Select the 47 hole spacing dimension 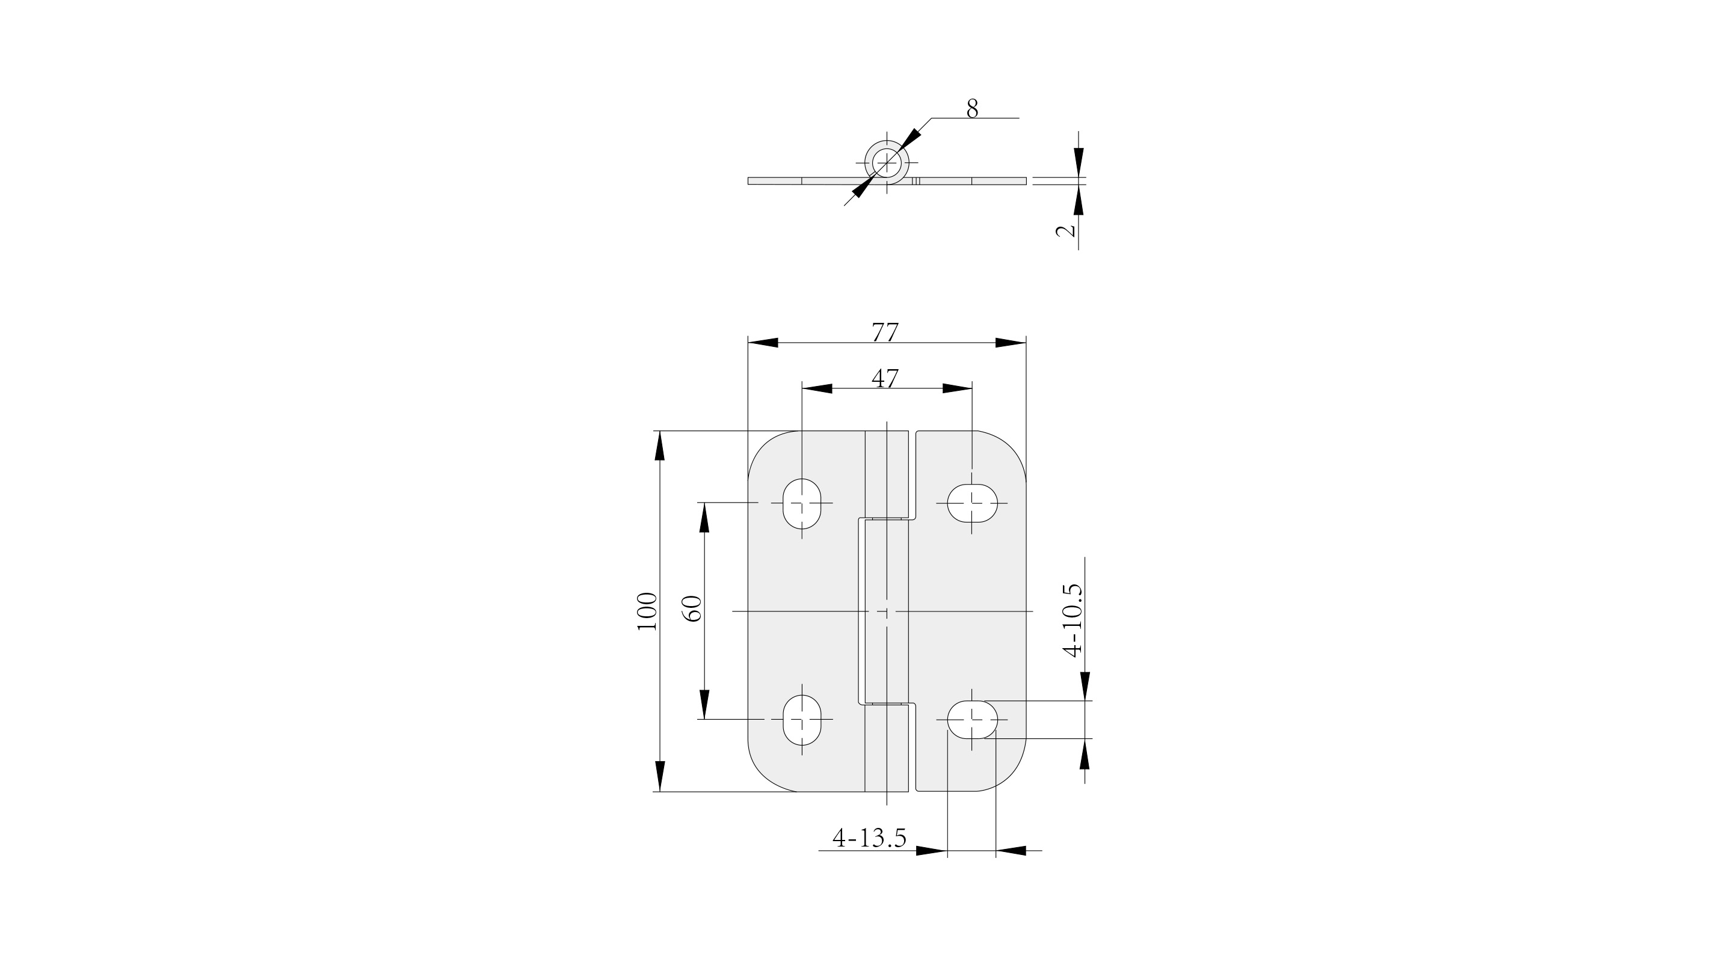coord(885,379)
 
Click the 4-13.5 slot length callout coord(869,838)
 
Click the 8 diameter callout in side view coord(972,108)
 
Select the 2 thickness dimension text coord(1065,230)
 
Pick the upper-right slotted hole coord(973,503)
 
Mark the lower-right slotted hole coord(973,719)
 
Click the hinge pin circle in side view coord(887,163)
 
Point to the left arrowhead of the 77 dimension coord(763,343)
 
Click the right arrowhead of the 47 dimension coord(958,388)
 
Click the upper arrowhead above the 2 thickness coord(1079,162)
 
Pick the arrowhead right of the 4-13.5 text coord(1011,851)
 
